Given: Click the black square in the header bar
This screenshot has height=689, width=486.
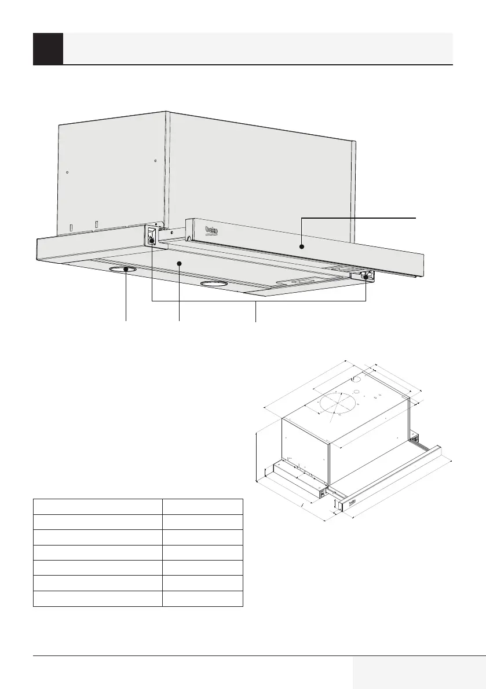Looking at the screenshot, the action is coord(48,49).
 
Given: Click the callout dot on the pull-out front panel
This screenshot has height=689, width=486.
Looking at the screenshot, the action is coord(301,247).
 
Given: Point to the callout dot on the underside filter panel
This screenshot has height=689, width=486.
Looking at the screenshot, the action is coord(179,263).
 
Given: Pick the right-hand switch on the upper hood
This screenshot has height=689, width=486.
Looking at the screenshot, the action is coord(366,276).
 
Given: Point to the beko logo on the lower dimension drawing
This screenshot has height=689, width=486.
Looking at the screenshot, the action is coord(353,502).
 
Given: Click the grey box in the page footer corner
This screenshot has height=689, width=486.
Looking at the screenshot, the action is coord(419,673).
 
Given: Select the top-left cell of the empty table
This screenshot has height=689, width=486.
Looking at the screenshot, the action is coord(98,507).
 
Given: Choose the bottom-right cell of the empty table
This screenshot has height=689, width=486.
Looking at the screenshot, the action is coord(203,599).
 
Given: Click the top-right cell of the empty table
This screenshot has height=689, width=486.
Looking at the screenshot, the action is coord(203,507).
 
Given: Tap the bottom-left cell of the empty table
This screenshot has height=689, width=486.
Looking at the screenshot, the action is coord(98,599).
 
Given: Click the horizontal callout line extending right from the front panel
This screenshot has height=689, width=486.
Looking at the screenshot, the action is coord(359,218).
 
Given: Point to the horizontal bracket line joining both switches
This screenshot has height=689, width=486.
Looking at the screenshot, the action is coord(259,301).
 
